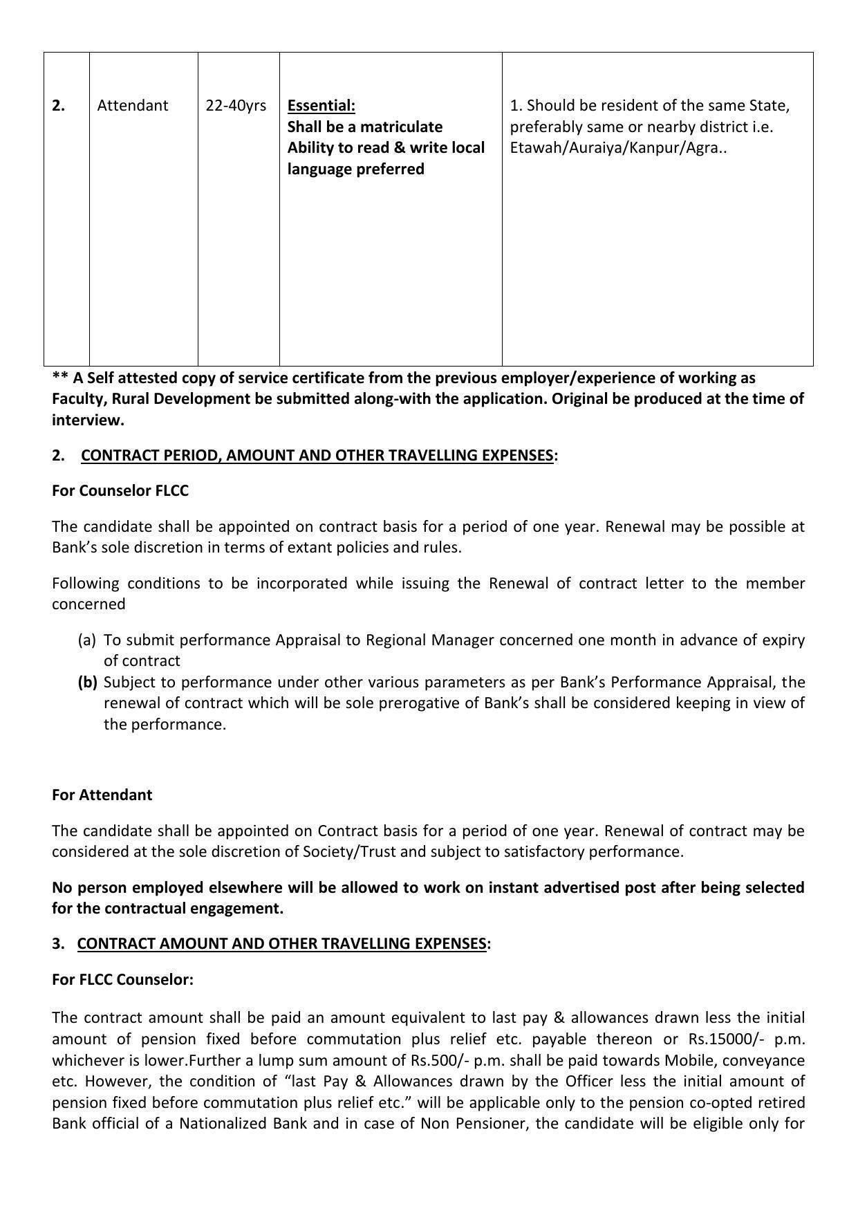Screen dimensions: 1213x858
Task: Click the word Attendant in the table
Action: [x=132, y=106]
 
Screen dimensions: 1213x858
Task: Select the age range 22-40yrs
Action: [x=236, y=106]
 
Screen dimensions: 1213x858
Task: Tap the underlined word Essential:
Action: [x=321, y=106]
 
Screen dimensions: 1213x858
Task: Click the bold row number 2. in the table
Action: [x=59, y=106]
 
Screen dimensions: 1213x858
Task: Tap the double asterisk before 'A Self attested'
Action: [x=60, y=378]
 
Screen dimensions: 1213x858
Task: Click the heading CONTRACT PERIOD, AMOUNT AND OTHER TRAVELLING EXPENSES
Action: [x=317, y=455]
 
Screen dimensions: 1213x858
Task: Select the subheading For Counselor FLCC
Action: [x=120, y=490]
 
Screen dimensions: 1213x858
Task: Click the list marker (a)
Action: [x=87, y=640]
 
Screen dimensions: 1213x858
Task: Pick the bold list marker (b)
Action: [x=87, y=683]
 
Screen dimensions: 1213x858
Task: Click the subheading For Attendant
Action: [x=102, y=795]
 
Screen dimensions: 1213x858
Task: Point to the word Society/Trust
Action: [x=349, y=851]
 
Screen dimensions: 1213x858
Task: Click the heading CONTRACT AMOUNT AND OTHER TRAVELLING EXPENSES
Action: [x=281, y=944]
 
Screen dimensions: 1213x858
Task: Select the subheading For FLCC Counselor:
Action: [x=122, y=979]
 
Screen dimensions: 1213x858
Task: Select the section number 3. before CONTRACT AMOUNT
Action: [x=58, y=944]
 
